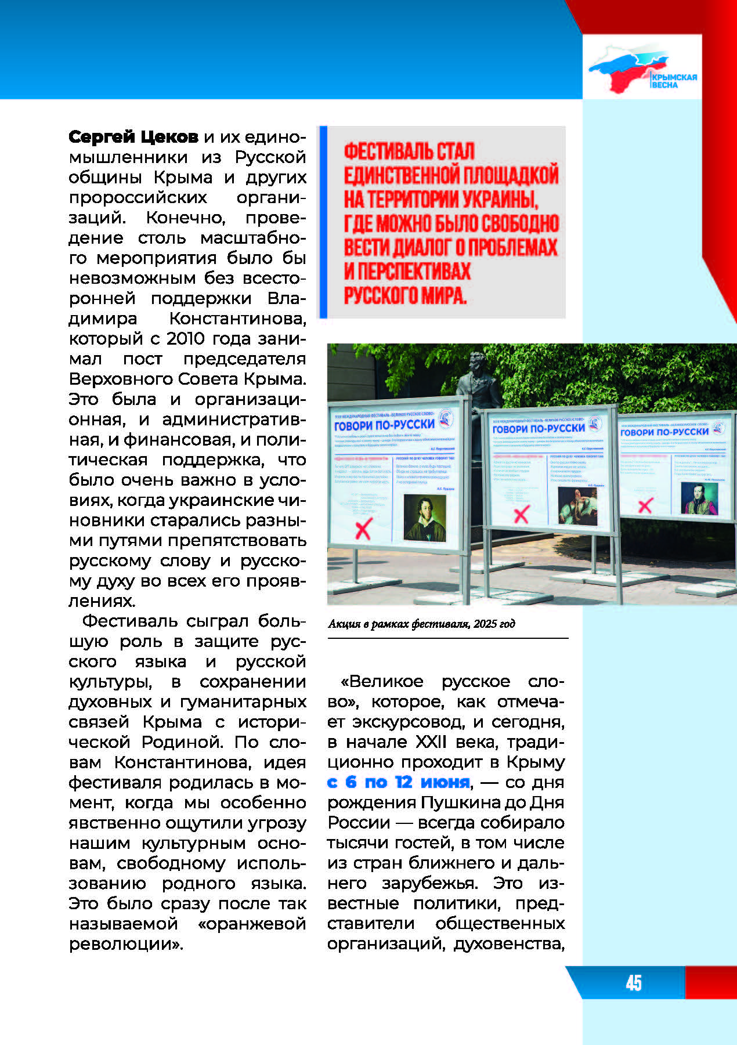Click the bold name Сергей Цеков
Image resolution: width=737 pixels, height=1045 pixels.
[x=133, y=137]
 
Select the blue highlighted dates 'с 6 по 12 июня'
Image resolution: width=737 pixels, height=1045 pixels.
[x=398, y=782]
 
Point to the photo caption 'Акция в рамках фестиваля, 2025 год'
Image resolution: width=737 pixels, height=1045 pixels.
[x=421, y=624]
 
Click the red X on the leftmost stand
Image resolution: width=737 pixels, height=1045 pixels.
[x=363, y=529]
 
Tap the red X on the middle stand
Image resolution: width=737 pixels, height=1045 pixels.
[x=522, y=514]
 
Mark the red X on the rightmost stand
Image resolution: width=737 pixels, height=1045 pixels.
[x=645, y=505]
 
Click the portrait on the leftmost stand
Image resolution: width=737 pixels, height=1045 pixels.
[x=424, y=518]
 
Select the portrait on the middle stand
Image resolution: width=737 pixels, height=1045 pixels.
[x=577, y=505]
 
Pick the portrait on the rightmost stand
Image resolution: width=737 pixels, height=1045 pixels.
[x=699, y=498]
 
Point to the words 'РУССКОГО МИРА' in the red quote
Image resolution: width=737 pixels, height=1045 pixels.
[x=405, y=295]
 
